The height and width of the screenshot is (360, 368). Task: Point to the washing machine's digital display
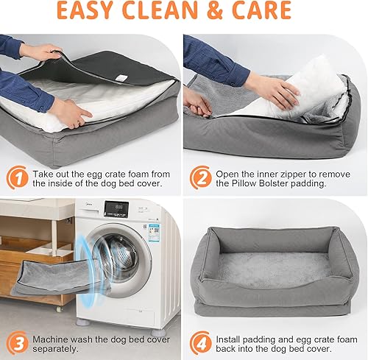(x=115, y=210)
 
